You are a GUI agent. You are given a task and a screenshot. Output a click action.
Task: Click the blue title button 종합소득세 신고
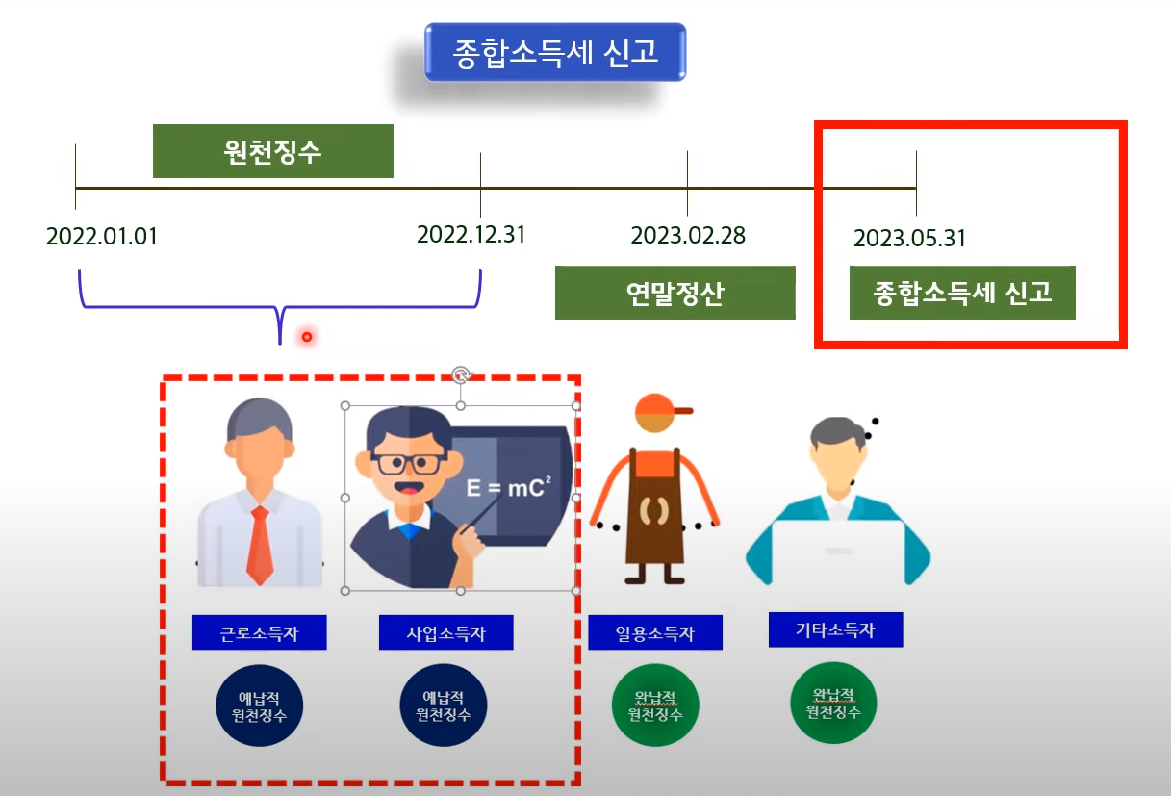tap(555, 51)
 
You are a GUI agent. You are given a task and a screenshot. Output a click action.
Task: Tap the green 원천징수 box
tap(272, 151)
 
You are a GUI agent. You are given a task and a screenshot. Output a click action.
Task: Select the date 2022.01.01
tap(101, 237)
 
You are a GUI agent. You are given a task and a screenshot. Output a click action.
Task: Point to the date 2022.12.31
tap(471, 235)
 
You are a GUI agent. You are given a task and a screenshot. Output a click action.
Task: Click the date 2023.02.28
tap(688, 236)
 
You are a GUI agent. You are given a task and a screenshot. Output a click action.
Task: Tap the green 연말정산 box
tap(675, 293)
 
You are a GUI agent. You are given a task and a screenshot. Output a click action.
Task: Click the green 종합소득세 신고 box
tap(962, 293)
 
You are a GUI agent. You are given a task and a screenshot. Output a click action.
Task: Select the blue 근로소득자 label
tap(259, 633)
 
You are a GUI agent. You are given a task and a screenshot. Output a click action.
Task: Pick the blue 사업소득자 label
tap(445, 633)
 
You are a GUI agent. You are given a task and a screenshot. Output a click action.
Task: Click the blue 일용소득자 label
tap(654, 633)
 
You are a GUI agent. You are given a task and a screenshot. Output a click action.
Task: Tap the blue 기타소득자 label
tap(835, 630)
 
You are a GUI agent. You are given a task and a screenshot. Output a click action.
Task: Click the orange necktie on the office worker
tap(260, 544)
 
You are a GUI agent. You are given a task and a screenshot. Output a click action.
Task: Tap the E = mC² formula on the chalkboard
tap(509, 487)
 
